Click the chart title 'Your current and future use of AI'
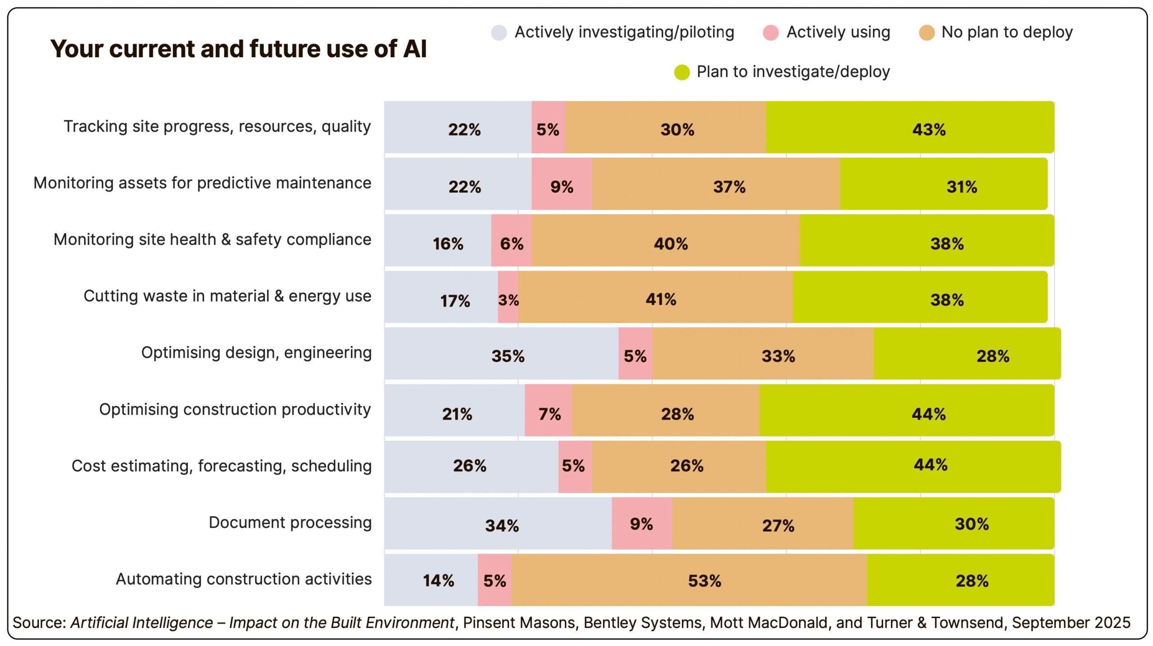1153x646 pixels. (x=238, y=49)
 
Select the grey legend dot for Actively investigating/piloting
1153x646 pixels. (x=499, y=32)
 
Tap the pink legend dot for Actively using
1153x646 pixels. (x=771, y=32)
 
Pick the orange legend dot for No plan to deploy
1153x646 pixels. (x=926, y=32)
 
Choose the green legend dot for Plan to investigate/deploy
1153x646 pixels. (x=681, y=72)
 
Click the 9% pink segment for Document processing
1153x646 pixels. (x=642, y=524)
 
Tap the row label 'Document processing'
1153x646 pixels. (x=290, y=523)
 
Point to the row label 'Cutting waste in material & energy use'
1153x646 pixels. (x=227, y=296)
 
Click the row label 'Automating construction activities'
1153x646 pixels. (x=244, y=579)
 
